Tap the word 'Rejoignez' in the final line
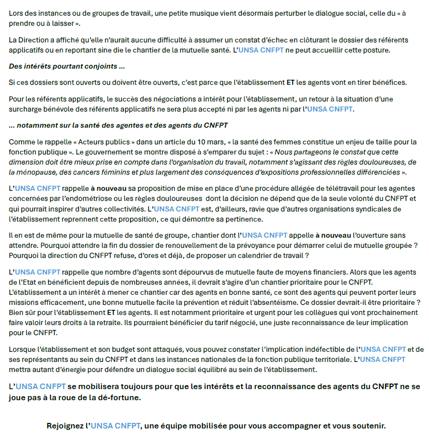[65, 425]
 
